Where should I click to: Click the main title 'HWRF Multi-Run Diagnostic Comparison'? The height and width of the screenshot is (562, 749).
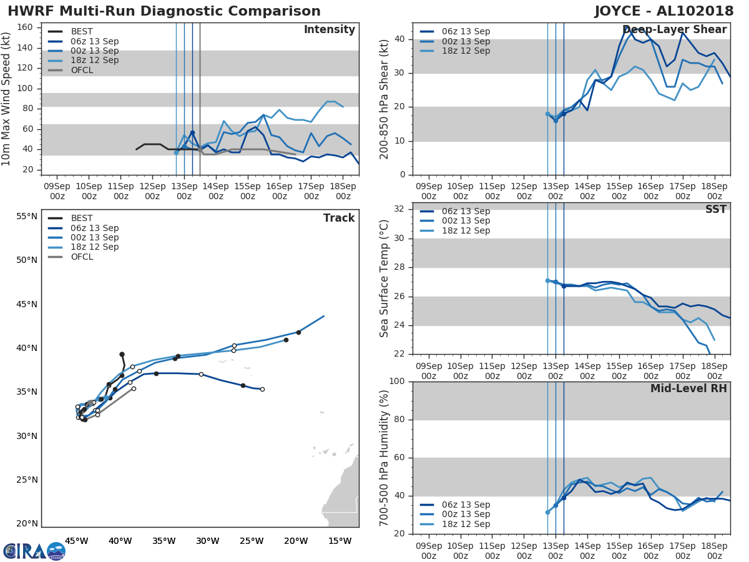point(164,11)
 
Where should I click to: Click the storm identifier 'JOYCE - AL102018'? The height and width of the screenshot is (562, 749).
point(664,11)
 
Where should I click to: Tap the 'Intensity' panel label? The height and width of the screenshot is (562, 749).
point(329,30)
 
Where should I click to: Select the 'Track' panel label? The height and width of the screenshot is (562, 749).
point(339,218)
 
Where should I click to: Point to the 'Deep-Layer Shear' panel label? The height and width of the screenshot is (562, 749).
point(674,30)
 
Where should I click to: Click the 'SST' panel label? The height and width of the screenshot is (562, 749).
point(716,210)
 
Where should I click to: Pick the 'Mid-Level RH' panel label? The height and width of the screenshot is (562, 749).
point(688,389)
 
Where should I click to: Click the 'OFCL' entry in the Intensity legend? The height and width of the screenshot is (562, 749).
point(82,70)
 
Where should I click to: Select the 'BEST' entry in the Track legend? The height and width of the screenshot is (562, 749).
point(82,219)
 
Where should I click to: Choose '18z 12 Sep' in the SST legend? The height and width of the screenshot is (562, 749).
point(466,230)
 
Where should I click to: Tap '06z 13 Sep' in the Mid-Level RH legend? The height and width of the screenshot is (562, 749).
point(466,505)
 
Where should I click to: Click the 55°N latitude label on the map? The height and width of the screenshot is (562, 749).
point(27,217)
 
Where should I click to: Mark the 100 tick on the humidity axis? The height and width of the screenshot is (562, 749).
point(396,382)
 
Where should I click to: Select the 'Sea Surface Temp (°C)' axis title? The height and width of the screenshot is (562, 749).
point(384,279)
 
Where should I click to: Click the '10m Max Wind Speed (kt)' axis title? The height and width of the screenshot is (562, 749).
point(7,99)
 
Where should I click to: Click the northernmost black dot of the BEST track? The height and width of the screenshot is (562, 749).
point(122,354)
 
